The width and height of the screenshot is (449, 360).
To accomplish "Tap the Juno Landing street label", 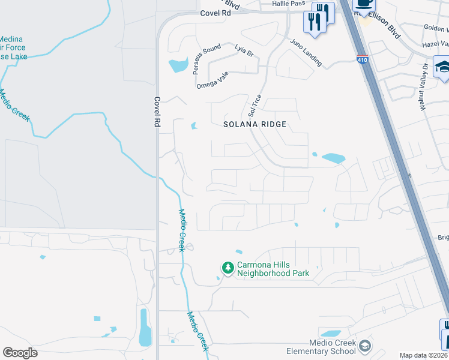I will pyautogui.click(x=306, y=53).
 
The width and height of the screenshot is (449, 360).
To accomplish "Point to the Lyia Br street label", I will pyautogui.click(x=244, y=50).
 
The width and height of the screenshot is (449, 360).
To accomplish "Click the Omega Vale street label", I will pyautogui.click(x=213, y=83).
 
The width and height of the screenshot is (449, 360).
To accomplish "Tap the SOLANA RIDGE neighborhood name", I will pyautogui.click(x=255, y=124).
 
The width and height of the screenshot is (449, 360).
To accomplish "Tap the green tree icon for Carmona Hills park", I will pyautogui.click(x=228, y=267).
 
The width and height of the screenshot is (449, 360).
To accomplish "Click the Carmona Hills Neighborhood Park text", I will pyautogui.click(x=273, y=269).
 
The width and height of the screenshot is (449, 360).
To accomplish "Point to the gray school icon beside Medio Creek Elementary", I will pyautogui.click(x=365, y=346).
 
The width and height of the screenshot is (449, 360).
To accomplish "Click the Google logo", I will pyautogui.click(x=20, y=352).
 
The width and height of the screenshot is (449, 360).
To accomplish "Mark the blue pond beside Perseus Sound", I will pyautogui.click(x=179, y=65).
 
